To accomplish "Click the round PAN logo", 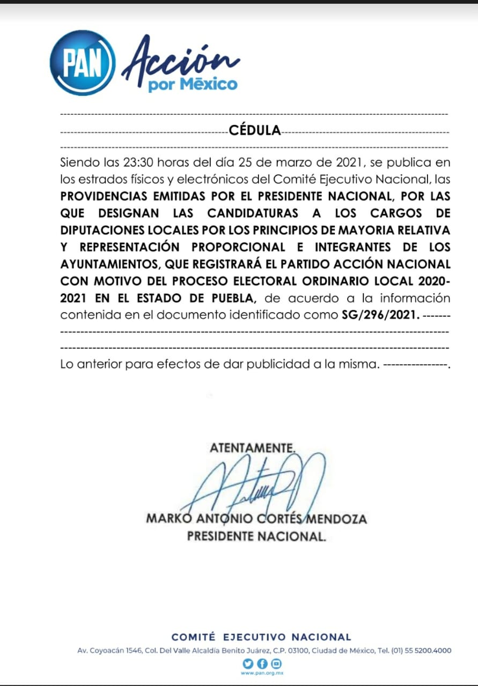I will pos(82,63).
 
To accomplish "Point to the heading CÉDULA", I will pos(255,130).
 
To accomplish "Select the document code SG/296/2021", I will pos(380,315).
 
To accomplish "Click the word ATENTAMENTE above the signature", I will pos(252,448).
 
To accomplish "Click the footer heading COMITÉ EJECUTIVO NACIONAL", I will pos(261,637).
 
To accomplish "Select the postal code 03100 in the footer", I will pos(305,651).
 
